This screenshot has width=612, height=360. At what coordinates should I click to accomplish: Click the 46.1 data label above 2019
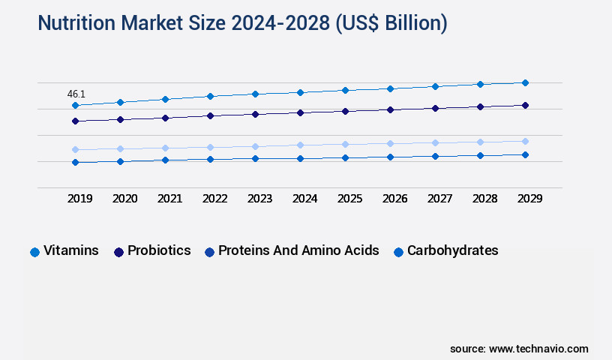(x=76, y=94)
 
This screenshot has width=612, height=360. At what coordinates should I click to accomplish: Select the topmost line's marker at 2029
(x=525, y=82)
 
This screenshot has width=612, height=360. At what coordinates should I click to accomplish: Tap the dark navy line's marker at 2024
(x=300, y=112)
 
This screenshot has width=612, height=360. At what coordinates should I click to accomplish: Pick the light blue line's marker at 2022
(x=210, y=147)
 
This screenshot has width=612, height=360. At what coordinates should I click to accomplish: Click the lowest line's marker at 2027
(x=435, y=156)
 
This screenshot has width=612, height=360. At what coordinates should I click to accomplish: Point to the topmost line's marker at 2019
(x=75, y=106)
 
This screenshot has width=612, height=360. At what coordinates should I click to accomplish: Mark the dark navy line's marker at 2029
(x=525, y=106)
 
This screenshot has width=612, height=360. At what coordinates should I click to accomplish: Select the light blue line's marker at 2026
(x=390, y=143)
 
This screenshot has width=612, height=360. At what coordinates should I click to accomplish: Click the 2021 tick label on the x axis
(x=169, y=199)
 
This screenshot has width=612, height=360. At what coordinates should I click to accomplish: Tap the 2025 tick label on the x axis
(x=349, y=199)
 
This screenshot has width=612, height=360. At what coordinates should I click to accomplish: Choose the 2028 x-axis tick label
(x=484, y=199)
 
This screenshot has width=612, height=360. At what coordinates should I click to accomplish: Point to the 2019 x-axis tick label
(x=79, y=199)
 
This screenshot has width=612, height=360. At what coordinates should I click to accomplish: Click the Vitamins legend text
(x=71, y=250)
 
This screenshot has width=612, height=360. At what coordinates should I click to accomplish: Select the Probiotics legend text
(x=159, y=250)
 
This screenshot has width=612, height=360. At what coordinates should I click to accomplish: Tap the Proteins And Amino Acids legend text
(x=298, y=250)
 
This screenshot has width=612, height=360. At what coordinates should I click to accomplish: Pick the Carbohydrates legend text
(x=452, y=250)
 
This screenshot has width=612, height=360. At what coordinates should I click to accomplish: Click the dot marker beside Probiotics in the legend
(x=118, y=252)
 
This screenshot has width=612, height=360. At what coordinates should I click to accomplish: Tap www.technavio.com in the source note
(x=538, y=349)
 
